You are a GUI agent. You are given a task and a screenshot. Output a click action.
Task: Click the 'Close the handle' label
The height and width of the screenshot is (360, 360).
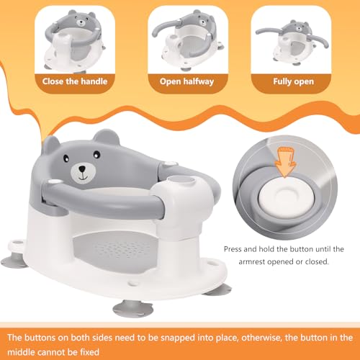tap(75, 81)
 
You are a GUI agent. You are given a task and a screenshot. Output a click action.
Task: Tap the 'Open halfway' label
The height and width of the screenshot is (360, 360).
tap(186, 81)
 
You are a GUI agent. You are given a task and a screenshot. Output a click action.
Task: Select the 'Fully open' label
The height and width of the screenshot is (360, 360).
tap(293, 81)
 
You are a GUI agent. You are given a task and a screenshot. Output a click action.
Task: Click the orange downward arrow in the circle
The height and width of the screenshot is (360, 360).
tap(285, 162)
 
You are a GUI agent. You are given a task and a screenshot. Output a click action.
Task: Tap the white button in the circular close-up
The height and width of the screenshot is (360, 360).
tap(287, 198)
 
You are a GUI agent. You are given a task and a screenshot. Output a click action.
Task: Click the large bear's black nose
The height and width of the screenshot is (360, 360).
tap(82, 169)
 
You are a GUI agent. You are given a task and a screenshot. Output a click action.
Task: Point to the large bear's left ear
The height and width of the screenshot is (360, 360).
tap(50, 145)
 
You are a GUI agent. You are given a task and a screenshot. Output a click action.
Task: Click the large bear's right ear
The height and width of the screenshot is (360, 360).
tap(107, 137)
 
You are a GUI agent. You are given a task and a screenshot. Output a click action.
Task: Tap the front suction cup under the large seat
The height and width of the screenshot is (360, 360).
tap(132, 308)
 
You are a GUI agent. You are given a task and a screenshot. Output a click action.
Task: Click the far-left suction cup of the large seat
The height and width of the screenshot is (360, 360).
tap(14, 261)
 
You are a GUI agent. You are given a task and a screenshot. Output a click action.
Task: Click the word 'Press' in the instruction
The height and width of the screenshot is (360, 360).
tap(233, 249)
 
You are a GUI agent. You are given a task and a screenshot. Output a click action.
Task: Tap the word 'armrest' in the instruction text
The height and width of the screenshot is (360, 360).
tap(252, 261)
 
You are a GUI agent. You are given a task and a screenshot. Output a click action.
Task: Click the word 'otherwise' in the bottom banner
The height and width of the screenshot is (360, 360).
tap(261, 338)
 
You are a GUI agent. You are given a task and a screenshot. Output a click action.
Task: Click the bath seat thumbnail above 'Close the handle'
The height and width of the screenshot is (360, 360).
tap(75, 41)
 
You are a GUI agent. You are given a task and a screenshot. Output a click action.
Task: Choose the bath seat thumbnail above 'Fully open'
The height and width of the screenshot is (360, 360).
tap(292, 42)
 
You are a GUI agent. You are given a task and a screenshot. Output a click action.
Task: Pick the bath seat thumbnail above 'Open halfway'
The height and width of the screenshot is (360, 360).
tap(187, 41)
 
